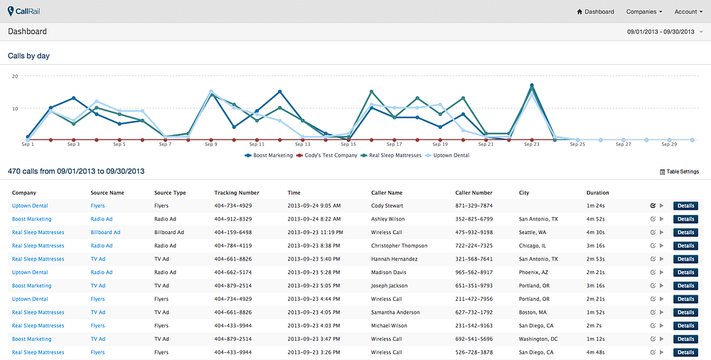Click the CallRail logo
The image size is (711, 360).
point(23,11)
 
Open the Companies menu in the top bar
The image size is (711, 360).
point(644,12)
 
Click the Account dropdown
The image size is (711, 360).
point(688,12)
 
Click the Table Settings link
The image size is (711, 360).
point(679,171)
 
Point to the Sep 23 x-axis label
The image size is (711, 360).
point(531,144)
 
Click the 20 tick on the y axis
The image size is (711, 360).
point(15,76)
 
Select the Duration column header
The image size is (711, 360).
point(598,193)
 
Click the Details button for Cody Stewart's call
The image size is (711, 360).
point(685,206)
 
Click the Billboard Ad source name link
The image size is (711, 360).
point(105,232)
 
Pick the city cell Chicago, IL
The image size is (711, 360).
point(533,245)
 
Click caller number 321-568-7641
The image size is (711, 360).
point(474,259)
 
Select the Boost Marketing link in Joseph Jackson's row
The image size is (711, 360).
point(32,285)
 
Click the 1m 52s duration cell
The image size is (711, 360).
point(595,312)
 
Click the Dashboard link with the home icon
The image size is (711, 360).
point(595,12)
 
